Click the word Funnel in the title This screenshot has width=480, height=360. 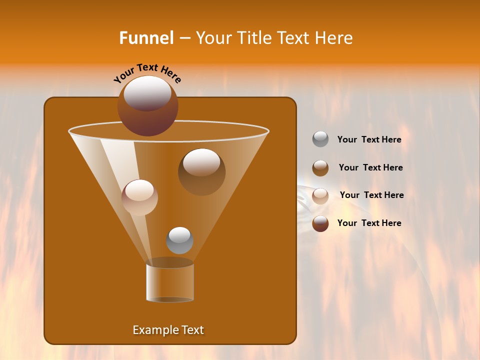click(146, 38)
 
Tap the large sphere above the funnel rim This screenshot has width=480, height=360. click(147, 106)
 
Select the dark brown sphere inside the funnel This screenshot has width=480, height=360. click(201, 172)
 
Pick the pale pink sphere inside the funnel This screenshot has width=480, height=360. click(139, 197)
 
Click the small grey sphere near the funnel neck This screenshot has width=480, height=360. click(179, 240)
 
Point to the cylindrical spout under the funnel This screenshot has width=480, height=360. click(169, 282)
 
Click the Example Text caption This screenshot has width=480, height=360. click(168, 330)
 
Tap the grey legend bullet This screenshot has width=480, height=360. click(320, 139)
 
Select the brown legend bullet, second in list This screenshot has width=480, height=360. click(320, 168)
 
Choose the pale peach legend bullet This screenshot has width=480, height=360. click(320, 195)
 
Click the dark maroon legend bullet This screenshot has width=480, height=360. click(320, 223)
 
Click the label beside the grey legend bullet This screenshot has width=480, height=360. click(369, 140)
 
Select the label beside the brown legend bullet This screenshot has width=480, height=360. click(370, 168)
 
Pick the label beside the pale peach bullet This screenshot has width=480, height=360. click(371, 195)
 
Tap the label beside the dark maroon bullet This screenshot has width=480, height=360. click(369, 223)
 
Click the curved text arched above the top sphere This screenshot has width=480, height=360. click(147, 73)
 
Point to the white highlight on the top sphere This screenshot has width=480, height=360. click(147, 93)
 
